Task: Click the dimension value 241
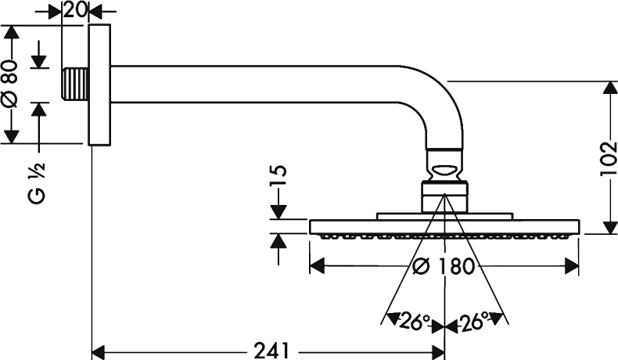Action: click(271, 350)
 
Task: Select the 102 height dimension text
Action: click(598, 157)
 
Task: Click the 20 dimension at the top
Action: click(75, 10)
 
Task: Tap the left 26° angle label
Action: click(415, 320)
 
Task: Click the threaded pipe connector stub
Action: click(75, 83)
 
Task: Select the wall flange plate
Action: click(99, 85)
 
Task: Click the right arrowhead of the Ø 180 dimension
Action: click(574, 266)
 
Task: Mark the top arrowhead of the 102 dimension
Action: click(608, 87)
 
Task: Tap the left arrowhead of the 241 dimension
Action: click(98, 350)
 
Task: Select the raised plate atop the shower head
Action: click(445, 215)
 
